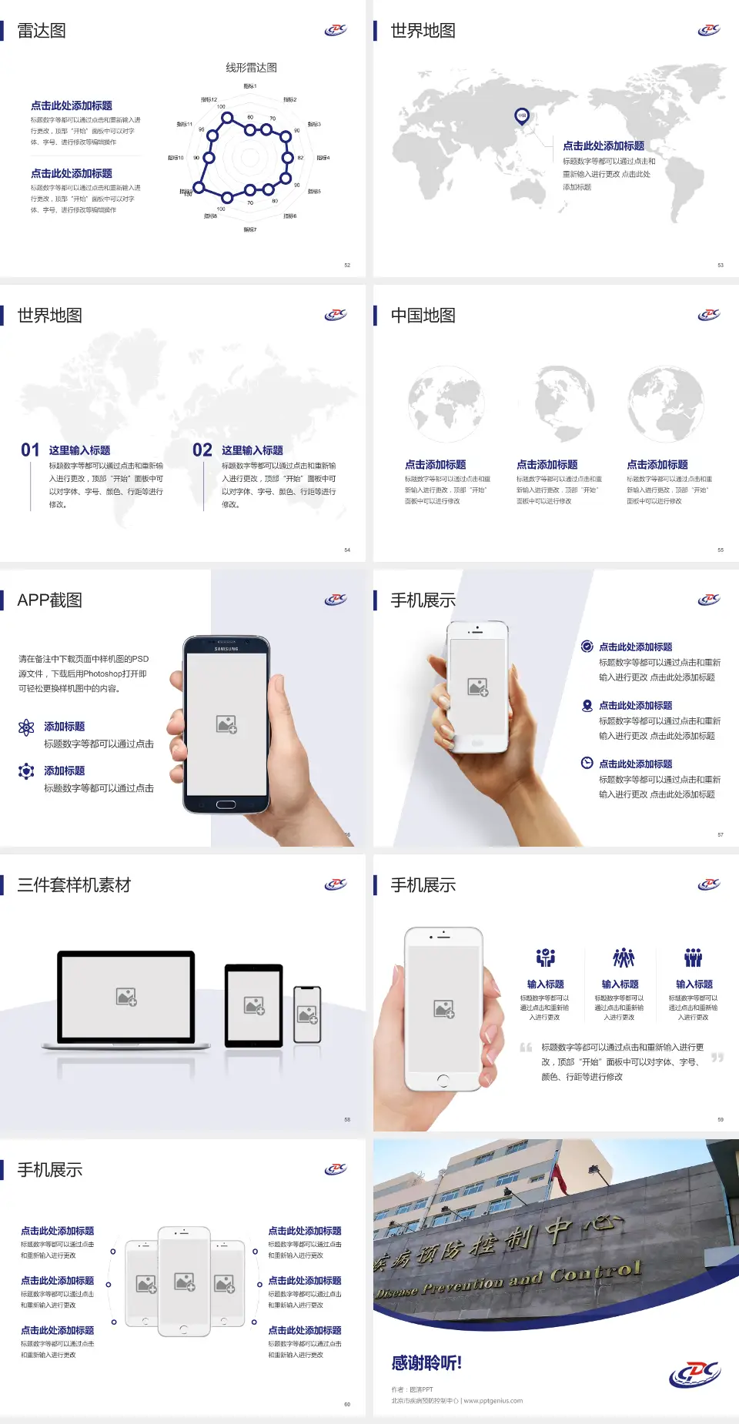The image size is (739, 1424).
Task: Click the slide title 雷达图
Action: click(42, 31)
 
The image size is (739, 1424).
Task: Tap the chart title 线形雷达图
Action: click(251, 68)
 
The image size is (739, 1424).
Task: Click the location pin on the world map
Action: click(522, 116)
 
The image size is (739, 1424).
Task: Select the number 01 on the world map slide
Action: click(30, 450)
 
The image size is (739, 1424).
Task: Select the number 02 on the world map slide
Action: click(202, 450)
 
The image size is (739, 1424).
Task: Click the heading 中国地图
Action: click(423, 316)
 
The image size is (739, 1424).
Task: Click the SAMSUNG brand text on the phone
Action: click(226, 649)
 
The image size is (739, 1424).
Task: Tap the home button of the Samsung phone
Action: click(226, 804)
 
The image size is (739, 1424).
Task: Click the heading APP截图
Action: click(50, 600)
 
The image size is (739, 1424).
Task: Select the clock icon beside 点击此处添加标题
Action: click(587, 763)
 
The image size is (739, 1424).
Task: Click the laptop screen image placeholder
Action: click(126, 997)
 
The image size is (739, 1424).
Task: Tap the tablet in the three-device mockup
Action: click(254, 1004)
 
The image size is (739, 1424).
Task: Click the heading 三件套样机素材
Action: click(74, 885)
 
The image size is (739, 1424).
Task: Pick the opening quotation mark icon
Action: click(526, 1048)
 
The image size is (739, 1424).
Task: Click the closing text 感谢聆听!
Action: click(426, 1363)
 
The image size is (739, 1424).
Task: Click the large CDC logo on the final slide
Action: click(694, 1374)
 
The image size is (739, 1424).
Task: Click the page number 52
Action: click(347, 266)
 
